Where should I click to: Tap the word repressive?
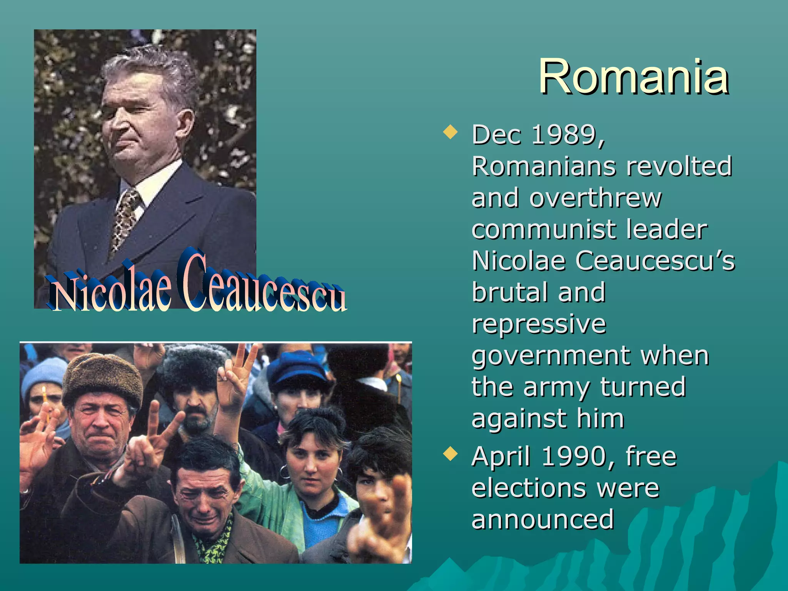(539, 324)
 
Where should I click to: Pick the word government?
(551, 356)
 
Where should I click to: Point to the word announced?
(543, 519)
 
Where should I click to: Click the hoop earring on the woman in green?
(284, 472)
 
